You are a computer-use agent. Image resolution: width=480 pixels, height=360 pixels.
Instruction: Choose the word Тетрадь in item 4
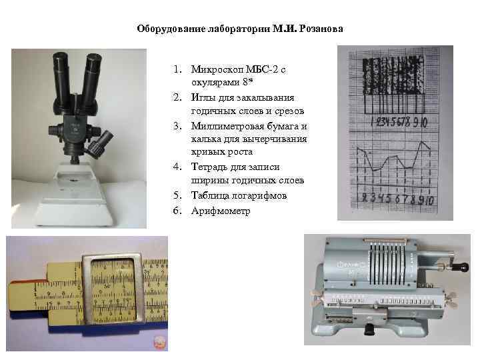[209, 167]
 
